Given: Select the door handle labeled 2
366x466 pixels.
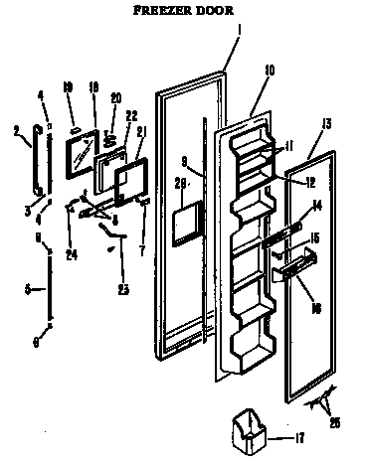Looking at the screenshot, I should tap(37, 159).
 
